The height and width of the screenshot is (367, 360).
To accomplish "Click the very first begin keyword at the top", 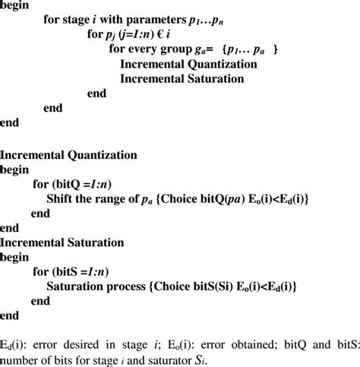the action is [x=17, y=6].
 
